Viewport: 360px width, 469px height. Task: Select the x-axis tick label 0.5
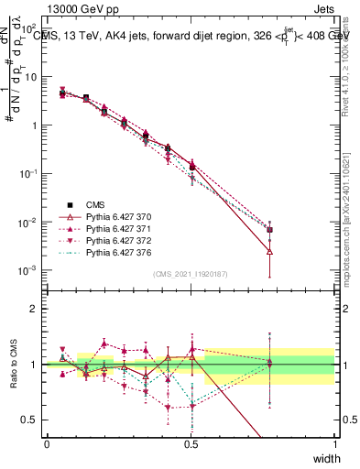[191, 444]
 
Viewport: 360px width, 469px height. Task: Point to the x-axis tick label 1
[334, 444]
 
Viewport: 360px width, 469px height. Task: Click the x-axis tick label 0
[47, 444]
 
